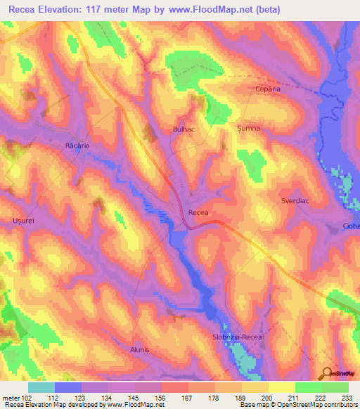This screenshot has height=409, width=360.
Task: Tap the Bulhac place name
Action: point(183,130)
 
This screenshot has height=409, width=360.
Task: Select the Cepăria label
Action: point(267,90)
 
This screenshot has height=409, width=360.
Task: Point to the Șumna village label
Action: point(248,129)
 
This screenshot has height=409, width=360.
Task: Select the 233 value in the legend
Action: point(345,397)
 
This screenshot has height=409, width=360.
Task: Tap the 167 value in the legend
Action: point(186,397)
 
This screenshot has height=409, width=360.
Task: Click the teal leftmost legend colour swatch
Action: point(41,387)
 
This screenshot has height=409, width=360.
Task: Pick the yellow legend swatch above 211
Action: point(281,387)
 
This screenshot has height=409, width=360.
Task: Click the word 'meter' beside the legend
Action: point(10,397)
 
